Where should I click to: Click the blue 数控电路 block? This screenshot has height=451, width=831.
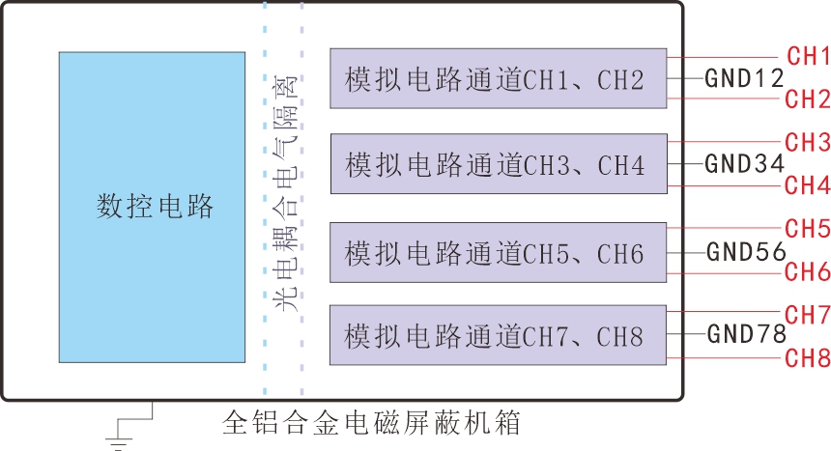(152, 207)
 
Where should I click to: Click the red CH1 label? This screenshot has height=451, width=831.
(808, 56)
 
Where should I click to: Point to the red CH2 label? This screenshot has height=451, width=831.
(808, 99)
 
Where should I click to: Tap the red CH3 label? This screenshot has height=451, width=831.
(808, 143)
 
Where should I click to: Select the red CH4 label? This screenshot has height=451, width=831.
(808, 184)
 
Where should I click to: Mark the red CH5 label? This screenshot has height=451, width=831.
(808, 229)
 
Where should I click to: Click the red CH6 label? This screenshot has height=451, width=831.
(808, 271)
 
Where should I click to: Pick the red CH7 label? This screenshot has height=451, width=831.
(808, 315)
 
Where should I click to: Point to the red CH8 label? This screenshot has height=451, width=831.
(808, 358)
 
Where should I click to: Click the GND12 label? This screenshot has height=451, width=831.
(744, 78)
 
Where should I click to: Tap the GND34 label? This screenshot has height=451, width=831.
(744, 164)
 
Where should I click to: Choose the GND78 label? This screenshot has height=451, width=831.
(746, 335)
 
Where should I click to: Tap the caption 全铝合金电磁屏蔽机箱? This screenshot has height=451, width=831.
(371, 423)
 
